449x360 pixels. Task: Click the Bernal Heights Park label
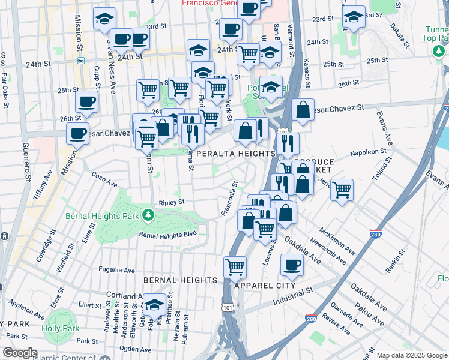(103, 215)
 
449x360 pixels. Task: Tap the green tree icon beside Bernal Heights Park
(148, 215)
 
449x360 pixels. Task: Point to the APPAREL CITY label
(264, 286)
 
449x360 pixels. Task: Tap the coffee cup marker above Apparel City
(292, 265)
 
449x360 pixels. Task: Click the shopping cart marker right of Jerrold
(342, 190)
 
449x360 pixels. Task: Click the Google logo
(19, 353)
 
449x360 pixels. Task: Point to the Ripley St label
(171, 203)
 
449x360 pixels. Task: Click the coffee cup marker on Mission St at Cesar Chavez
(77, 134)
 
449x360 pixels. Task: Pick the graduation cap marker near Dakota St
(354, 17)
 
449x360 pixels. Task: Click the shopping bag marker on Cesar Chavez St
(303, 110)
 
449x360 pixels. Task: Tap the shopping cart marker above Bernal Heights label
(235, 266)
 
